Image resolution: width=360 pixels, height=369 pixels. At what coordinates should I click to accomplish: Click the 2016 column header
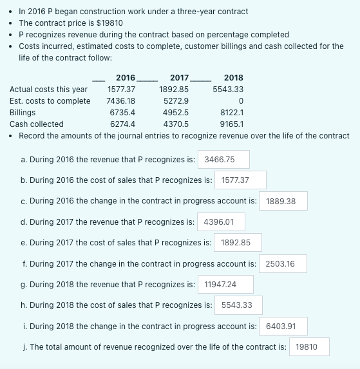pos(125,77)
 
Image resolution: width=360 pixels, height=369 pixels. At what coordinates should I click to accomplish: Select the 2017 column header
pos(179,77)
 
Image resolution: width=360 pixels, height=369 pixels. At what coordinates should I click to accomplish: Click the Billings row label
pos(23,112)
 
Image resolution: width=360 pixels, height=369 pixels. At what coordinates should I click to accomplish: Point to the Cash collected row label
pos(37,124)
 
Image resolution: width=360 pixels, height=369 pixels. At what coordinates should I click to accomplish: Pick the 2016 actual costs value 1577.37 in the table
pos(121,89)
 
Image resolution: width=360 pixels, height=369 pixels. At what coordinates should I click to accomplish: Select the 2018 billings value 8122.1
pos(231,112)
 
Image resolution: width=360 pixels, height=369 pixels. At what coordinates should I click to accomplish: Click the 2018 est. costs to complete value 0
pos(240,100)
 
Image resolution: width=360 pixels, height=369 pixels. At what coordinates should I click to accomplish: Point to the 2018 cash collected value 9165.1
pos(231,124)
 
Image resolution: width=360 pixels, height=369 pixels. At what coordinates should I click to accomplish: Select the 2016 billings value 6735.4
pos(122,112)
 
